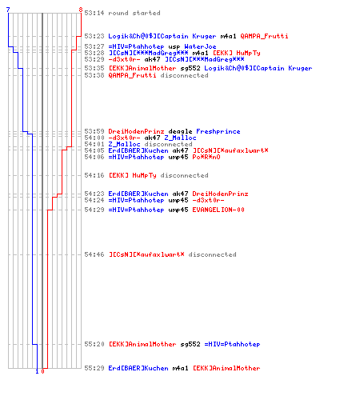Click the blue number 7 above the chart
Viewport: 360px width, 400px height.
click(8, 10)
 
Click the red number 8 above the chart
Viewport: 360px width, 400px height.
click(81, 10)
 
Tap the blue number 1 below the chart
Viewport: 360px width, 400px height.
click(37, 371)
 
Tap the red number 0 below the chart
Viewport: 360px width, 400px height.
click(42, 371)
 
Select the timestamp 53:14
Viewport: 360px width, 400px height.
click(94, 13)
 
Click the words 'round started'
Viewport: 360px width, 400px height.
click(134, 13)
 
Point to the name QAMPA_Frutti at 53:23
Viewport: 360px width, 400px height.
click(264, 36)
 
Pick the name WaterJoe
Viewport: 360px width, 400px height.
click(200, 46)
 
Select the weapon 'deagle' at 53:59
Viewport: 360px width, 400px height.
click(180, 132)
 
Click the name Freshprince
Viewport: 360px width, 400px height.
click(218, 131)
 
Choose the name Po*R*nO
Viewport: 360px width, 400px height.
click(206, 157)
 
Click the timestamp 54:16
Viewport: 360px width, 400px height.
click(94, 175)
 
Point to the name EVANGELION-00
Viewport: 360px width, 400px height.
click(218, 210)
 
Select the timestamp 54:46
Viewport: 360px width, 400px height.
click(94, 254)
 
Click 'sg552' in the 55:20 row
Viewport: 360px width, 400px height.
click(190, 344)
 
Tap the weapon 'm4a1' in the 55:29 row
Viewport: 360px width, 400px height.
click(180, 368)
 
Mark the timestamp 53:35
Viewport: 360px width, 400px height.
click(94, 68)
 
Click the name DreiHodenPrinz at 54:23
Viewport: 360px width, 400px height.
click(220, 194)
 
